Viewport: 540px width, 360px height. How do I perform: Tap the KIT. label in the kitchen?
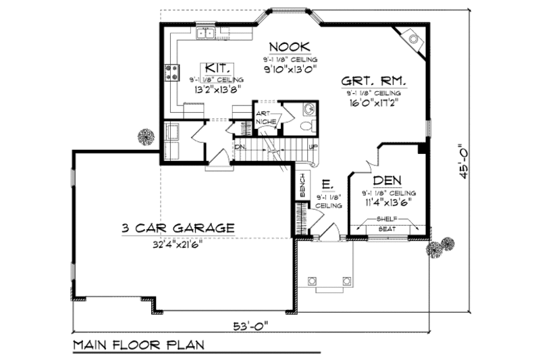click(x=217, y=68)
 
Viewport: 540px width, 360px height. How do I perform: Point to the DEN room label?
click(x=387, y=180)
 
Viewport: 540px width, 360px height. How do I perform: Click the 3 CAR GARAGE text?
click(x=178, y=228)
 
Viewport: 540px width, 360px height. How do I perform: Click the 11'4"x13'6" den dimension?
click(x=387, y=200)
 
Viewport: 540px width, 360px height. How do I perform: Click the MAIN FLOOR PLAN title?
click(x=139, y=344)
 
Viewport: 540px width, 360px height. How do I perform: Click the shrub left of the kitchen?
click(x=144, y=136)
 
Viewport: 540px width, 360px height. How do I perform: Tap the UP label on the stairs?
click(x=313, y=147)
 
